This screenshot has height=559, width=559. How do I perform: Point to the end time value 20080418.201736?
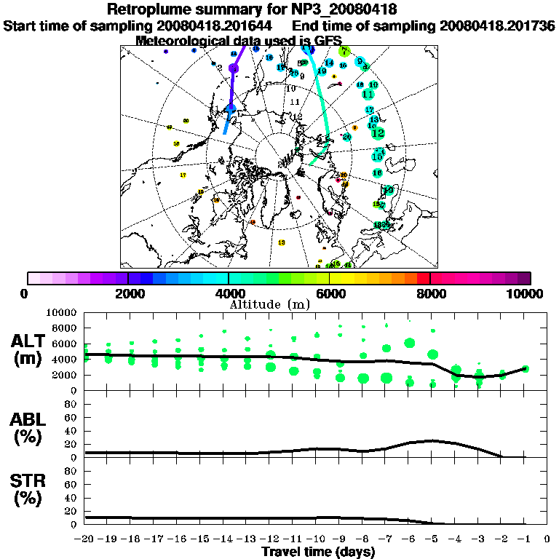coord(497,25)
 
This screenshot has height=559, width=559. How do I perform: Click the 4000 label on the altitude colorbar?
coord(229,293)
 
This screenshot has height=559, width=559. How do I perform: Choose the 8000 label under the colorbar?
coord(430,293)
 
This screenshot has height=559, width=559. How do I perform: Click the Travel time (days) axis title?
coord(318,552)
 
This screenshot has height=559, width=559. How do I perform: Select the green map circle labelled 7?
coord(344,52)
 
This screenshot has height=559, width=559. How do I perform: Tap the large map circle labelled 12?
coord(378,133)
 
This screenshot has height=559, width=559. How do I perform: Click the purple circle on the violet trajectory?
coord(234,68)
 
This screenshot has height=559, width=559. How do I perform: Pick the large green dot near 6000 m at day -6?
coord(409,343)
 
